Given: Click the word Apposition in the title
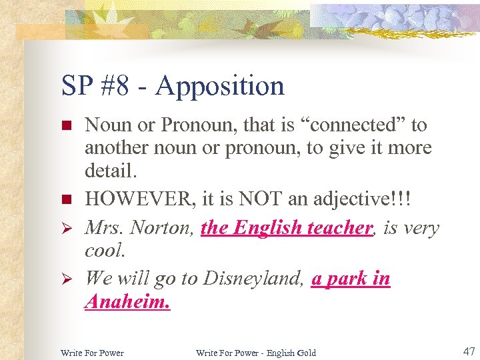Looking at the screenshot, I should click(x=220, y=86).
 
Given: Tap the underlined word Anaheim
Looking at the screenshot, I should click(x=127, y=303).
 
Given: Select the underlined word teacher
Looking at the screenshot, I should click(x=339, y=228).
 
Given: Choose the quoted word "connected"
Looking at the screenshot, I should click(x=354, y=125).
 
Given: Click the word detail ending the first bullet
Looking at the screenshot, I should click(x=110, y=171).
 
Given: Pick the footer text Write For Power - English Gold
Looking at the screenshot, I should click(x=255, y=352).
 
